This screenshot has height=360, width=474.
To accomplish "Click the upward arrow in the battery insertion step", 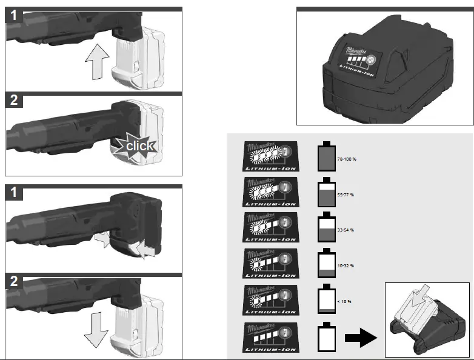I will click(x=96, y=63).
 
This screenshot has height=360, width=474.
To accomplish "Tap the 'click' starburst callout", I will click(x=136, y=145).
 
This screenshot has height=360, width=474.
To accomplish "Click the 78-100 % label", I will click(x=345, y=159).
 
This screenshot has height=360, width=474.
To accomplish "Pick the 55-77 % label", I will click(x=345, y=195).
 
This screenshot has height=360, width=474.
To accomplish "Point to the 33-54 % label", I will click(x=345, y=230).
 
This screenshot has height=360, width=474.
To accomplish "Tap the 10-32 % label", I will click(x=345, y=265).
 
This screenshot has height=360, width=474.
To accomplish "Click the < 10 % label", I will click(x=344, y=301).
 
